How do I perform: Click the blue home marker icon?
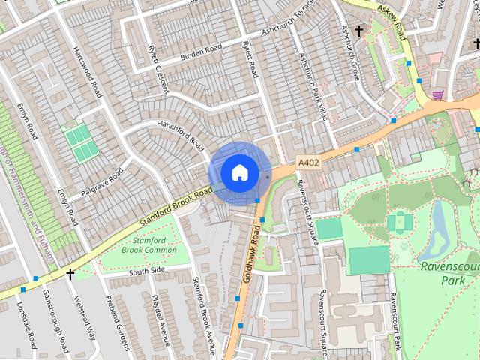pos(239,172)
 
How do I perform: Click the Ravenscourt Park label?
pos(448,273)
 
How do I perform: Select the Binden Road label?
pos(202,52)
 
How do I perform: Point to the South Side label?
pos(146,269)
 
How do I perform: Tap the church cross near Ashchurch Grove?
pos(359,31)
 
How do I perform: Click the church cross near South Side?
pos(70,275)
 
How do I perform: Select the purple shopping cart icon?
pos(437,95)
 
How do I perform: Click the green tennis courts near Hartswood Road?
pos(78,142)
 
